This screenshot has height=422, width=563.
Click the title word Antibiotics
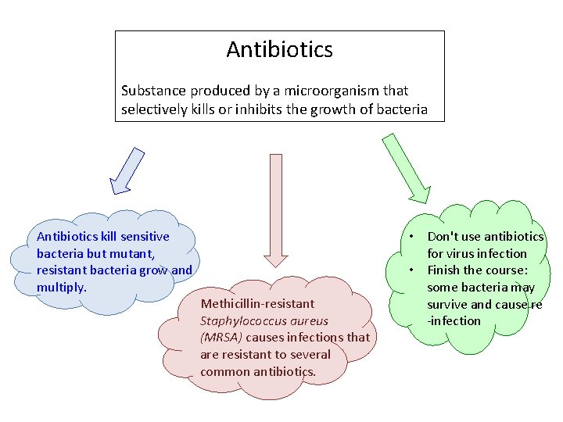pos(279,50)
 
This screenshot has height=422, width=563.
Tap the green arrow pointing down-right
pos(407,169)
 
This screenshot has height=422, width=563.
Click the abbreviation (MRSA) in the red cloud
pos(221,338)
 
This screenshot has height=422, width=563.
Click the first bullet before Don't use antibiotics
pos(410,237)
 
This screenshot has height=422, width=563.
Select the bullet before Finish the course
pos(410,270)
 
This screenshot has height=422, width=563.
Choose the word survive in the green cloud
pos(447,304)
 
